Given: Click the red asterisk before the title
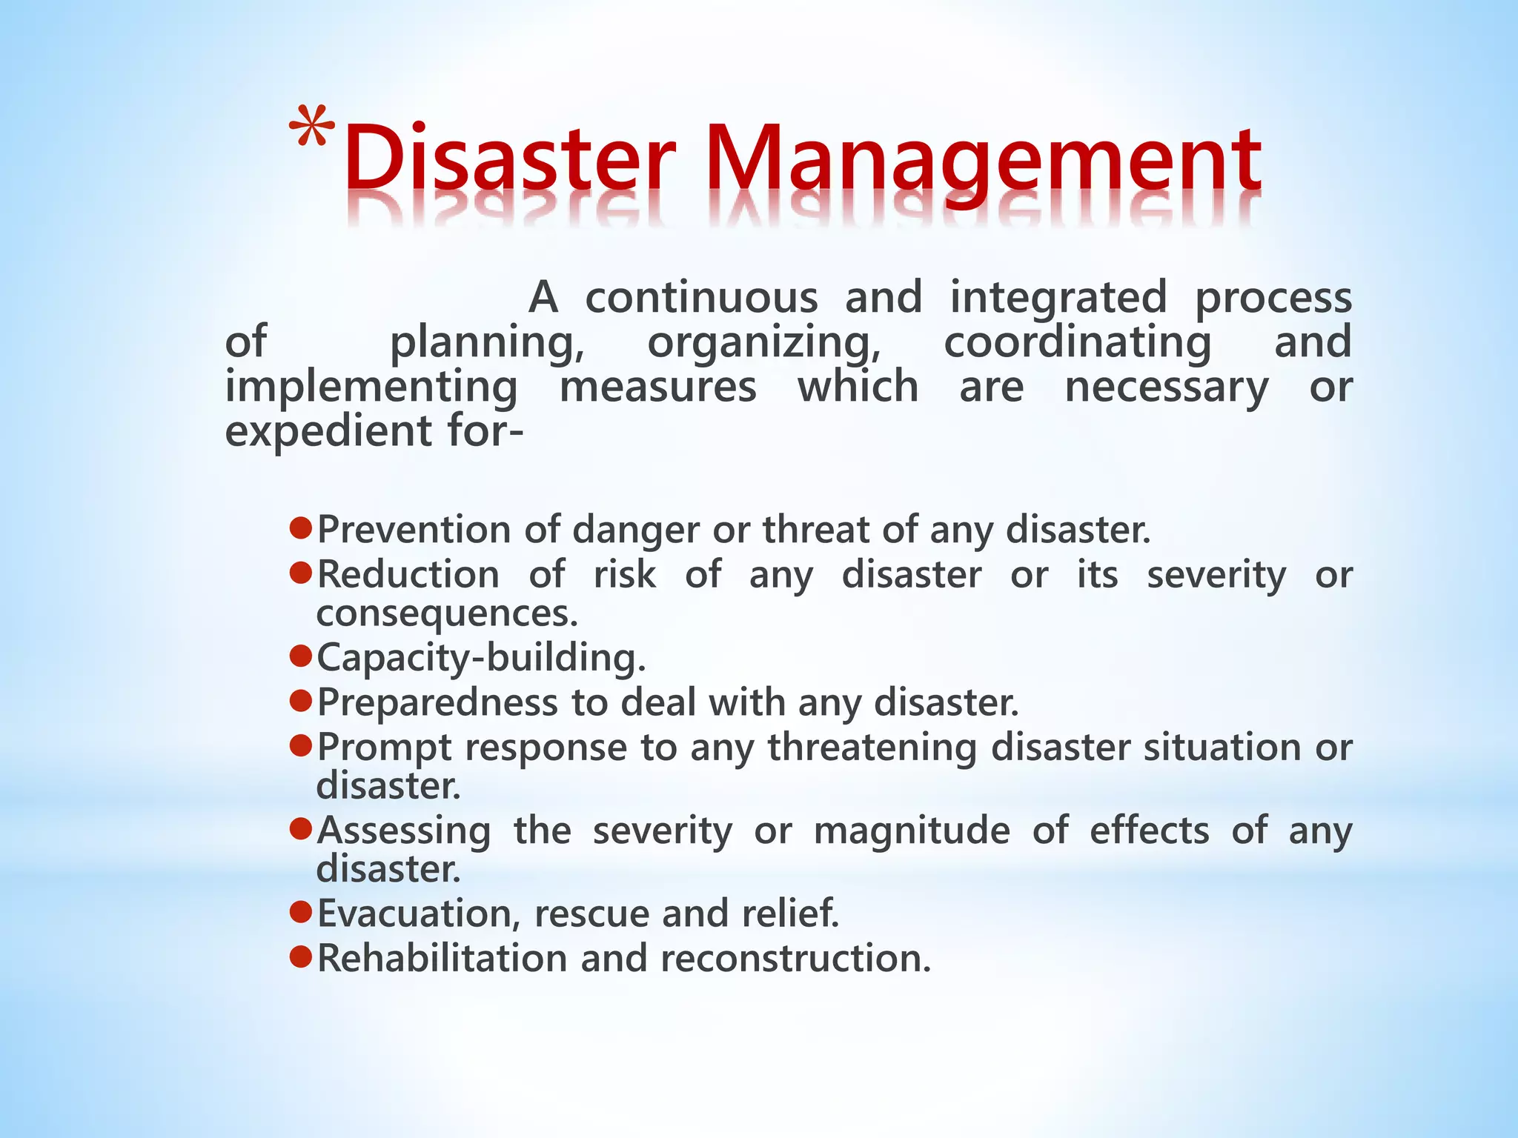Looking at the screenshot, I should (x=312, y=127).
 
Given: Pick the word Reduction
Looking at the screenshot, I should (x=408, y=575).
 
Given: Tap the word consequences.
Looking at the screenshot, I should (x=446, y=614).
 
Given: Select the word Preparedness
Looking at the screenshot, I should (x=437, y=703).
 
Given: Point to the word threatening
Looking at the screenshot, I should (x=872, y=748).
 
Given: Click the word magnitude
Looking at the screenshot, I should (x=912, y=831).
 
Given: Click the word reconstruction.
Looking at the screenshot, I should (x=795, y=958).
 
